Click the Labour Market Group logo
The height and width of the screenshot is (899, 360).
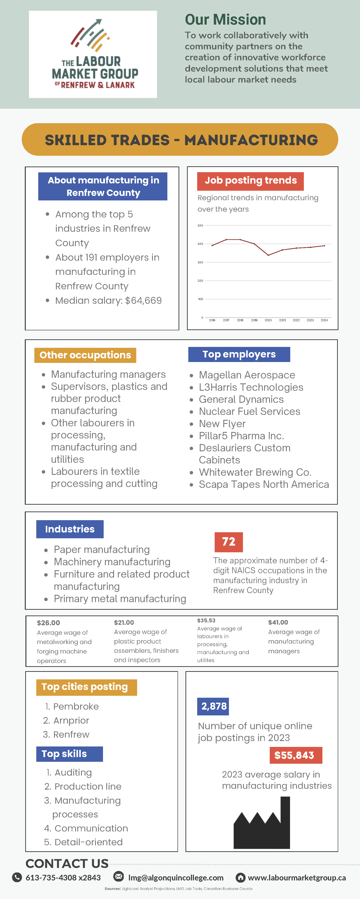coord(93,54)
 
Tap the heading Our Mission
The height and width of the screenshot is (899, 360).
coord(225,20)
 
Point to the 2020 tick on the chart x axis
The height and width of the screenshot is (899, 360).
coord(268,320)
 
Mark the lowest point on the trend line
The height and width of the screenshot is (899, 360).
coord(268,255)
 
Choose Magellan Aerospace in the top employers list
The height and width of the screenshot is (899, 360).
coord(247,375)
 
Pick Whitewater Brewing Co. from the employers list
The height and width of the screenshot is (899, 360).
coord(255,472)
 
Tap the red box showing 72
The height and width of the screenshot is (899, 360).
coord(229,542)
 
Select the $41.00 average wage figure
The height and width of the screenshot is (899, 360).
coord(278,622)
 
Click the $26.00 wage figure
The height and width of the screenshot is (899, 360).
coord(49,623)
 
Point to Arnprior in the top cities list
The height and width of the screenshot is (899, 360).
coord(71,720)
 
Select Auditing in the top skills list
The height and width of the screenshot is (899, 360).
coord(73,773)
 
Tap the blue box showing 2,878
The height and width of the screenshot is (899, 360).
coord(213,706)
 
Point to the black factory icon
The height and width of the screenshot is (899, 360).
coord(262,824)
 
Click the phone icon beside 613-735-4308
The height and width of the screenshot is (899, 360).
coord(17,877)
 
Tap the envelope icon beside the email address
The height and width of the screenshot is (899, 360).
coord(119,876)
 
